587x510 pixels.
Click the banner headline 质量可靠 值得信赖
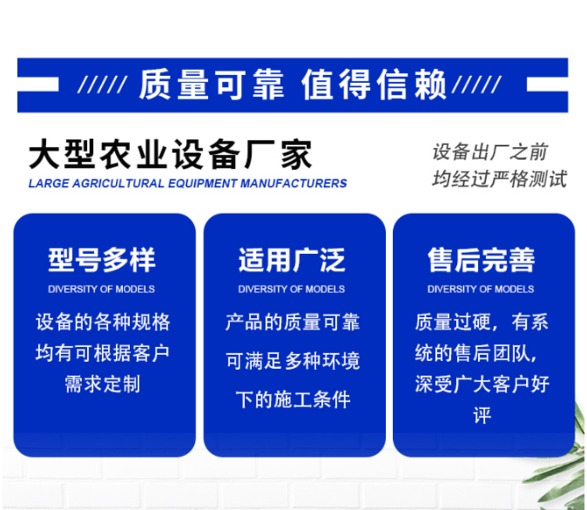point(293,85)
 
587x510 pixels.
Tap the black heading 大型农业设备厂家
point(171,155)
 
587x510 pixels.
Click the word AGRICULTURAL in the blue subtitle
point(118,183)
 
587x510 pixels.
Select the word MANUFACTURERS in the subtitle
point(293,183)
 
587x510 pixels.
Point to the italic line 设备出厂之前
point(490,152)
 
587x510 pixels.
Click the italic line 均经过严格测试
point(499,179)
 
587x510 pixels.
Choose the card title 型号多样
point(102,259)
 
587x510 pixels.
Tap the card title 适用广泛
point(292,259)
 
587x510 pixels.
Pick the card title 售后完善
point(481,259)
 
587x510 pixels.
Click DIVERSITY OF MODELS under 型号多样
point(102,289)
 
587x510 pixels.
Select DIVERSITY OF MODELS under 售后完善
point(481,289)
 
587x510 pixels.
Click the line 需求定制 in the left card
point(103,385)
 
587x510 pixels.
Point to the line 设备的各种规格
point(103,322)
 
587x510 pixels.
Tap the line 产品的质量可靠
point(293,322)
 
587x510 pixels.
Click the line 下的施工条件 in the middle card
point(293,400)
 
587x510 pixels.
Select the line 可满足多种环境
point(293,361)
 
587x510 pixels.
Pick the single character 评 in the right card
point(482,415)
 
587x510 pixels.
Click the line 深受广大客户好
point(482,385)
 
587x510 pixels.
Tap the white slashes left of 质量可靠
point(103,85)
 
